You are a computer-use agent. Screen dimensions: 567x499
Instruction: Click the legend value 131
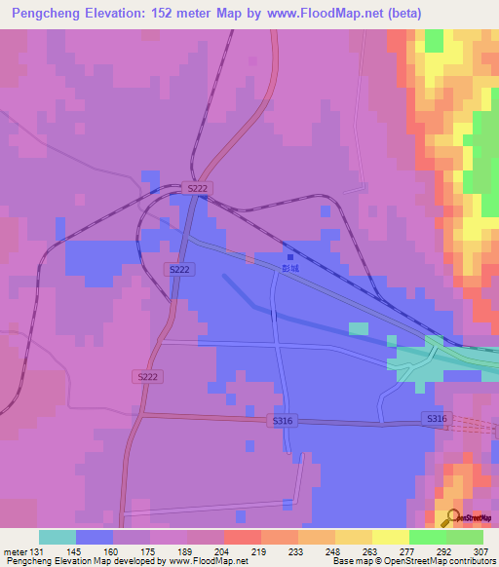tap(36, 552)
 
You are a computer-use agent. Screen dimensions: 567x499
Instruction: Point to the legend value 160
tap(121, 552)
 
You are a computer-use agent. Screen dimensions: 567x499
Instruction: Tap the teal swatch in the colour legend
tap(58, 537)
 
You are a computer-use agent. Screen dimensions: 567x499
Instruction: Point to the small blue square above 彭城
tap(288, 256)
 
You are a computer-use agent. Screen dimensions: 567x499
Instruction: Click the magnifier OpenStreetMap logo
tap(452, 516)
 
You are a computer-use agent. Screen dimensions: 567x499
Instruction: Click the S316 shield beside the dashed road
tap(436, 418)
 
